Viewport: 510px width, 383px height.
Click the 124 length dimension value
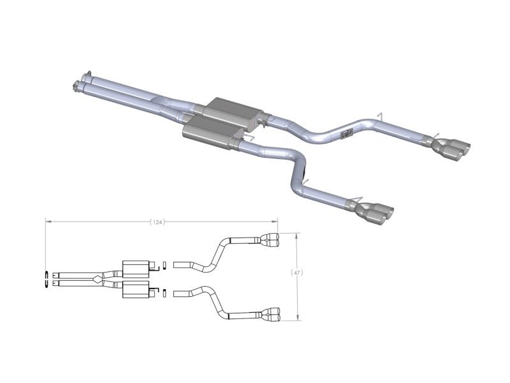click(x=156, y=222)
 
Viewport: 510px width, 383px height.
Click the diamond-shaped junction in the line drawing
click(x=96, y=278)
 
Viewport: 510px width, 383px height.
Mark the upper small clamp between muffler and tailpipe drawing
click(x=165, y=264)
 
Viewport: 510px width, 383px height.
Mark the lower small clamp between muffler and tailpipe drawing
click(x=165, y=293)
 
